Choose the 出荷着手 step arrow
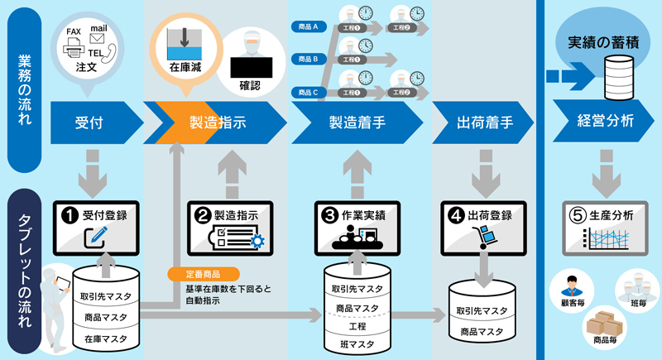point(484,122)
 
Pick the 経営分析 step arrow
point(603,122)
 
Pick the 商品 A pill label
point(308,27)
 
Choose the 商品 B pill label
point(308,59)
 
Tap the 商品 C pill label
point(308,91)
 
